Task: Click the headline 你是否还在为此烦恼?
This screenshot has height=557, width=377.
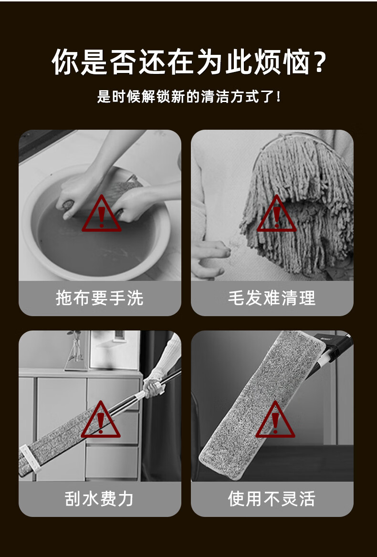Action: click(188, 62)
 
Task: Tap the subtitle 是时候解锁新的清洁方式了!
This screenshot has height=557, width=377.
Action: click(188, 97)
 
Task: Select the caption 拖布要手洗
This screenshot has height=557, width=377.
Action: click(99, 298)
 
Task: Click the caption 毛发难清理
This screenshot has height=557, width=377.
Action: click(272, 298)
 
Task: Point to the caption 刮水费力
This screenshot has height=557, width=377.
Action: click(99, 498)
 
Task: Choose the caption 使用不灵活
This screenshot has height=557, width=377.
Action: click(272, 498)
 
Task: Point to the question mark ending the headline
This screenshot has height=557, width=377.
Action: click(320, 62)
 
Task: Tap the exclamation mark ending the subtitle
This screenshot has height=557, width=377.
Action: click(278, 97)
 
